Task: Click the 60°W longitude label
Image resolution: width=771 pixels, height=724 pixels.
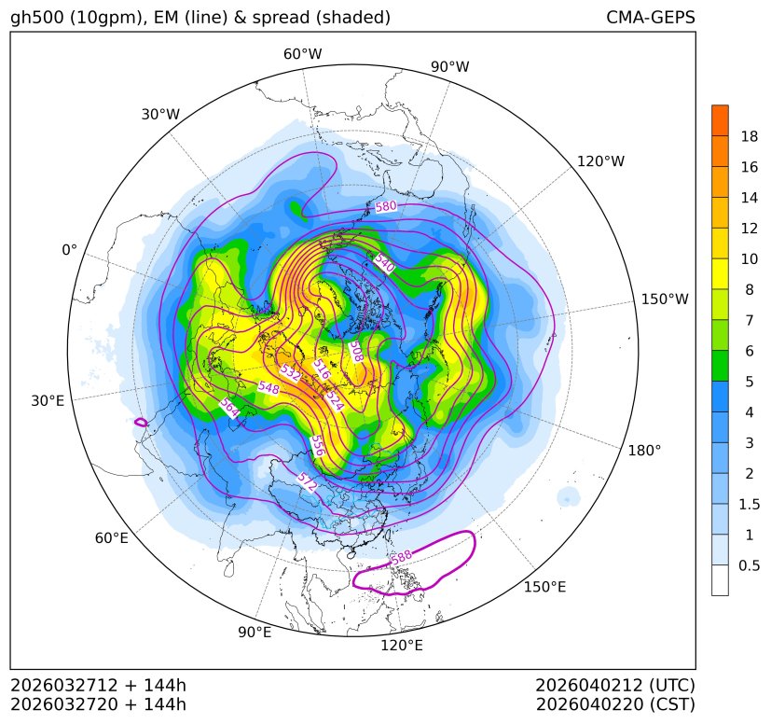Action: [x=303, y=54]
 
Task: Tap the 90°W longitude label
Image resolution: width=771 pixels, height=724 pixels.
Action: [x=450, y=67]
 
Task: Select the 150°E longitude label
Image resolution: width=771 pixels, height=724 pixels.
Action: [x=544, y=586]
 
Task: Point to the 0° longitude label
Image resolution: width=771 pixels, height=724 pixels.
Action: [x=69, y=250]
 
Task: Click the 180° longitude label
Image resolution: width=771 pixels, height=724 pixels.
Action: [x=644, y=450]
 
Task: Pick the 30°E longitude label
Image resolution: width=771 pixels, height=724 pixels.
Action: [x=48, y=401]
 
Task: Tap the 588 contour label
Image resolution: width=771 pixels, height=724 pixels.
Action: [x=401, y=557]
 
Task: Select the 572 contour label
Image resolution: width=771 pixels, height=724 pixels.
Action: [x=307, y=482]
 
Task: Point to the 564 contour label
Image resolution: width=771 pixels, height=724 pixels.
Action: [x=229, y=408]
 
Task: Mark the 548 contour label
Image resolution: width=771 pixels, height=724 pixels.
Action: [x=268, y=386]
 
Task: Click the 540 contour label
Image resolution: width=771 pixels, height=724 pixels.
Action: [x=384, y=264]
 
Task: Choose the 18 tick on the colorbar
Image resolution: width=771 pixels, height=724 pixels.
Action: [x=750, y=136]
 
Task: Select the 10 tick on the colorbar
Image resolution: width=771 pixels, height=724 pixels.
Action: [x=750, y=258]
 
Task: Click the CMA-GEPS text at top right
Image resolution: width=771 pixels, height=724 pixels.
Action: [x=650, y=18]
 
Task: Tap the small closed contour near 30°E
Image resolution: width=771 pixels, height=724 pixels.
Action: [x=141, y=422]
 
